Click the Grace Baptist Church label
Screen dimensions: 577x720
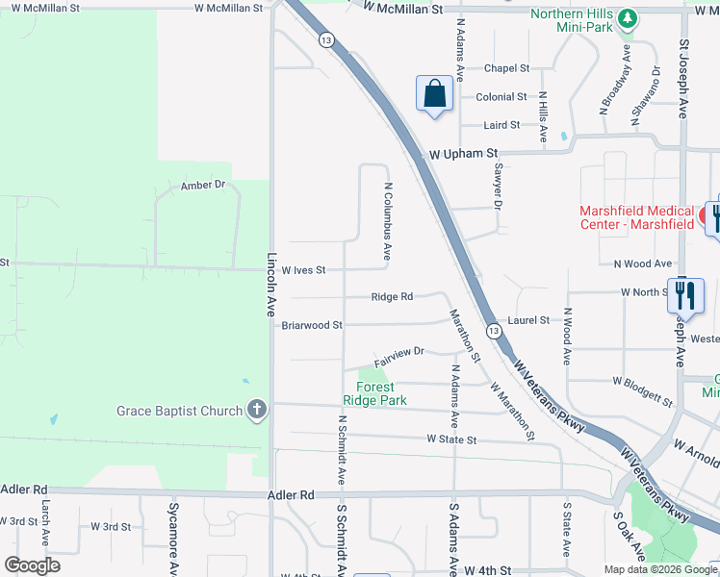(x=180, y=411)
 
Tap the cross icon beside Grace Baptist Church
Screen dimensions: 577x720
(x=256, y=411)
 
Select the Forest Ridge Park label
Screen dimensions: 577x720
(x=375, y=393)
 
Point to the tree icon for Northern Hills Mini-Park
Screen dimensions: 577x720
(x=629, y=18)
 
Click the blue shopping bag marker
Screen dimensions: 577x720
(x=435, y=94)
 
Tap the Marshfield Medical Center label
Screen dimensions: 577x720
(x=636, y=217)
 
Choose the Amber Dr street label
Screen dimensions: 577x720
(x=202, y=185)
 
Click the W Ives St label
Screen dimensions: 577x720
(x=304, y=270)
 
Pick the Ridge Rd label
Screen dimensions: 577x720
(x=392, y=297)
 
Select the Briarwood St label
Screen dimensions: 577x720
(x=312, y=325)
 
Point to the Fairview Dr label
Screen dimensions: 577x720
(x=399, y=353)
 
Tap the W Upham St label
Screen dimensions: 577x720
(x=463, y=153)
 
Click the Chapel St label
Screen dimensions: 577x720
(x=506, y=68)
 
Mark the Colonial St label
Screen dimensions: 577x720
(x=501, y=97)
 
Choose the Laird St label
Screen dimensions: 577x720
(x=501, y=125)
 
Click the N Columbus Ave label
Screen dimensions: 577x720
(x=388, y=222)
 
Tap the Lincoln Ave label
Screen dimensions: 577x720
(x=271, y=286)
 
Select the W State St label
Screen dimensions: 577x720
(x=451, y=439)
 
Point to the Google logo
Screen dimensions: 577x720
(x=32, y=565)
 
